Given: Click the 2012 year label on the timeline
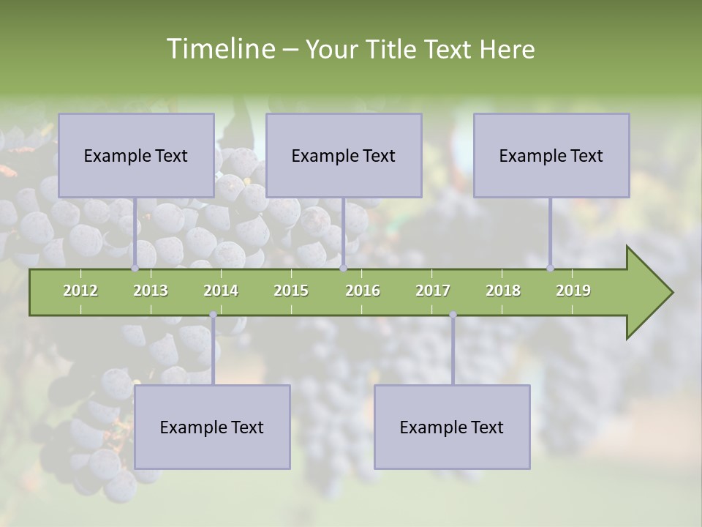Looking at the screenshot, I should pyautogui.click(x=80, y=291).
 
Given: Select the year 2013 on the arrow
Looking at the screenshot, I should pyautogui.click(x=151, y=291).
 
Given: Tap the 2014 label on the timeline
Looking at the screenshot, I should pyautogui.click(x=221, y=291).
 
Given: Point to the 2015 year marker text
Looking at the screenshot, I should pyautogui.click(x=291, y=291).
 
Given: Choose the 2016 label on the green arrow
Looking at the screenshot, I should pyautogui.click(x=363, y=291).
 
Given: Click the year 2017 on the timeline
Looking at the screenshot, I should pyautogui.click(x=433, y=291).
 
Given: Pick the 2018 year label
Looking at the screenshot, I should pyautogui.click(x=503, y=291).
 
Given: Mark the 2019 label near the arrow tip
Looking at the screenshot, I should pyautogui.click(x=573, y=291).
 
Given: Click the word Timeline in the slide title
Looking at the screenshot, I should pyautogui.click(x=219, y=49).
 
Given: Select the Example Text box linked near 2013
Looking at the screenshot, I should pyautogui.click(x=136, y=155).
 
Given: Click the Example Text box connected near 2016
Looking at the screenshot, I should pyautogui.click(x=344, y=155).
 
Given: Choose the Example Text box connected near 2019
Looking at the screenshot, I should pyautogui.click(x=551, y=155).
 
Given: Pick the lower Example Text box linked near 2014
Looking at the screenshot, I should pyautogui.click(x=212, y=427).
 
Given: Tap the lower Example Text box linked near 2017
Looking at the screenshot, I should pyautogui.click(x=452, y=427).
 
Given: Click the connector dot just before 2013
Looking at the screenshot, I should pyautogui.click(x=135, y=268).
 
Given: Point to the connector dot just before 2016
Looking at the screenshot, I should pyautogui.click(x=343, y=268).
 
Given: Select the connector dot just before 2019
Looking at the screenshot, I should pyautogui.click(x=550, y=268).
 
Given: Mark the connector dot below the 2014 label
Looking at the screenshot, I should pyautogui.click(x=213, y=315).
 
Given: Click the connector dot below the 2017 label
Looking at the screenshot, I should pyautogui.click(x=453, y=315).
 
